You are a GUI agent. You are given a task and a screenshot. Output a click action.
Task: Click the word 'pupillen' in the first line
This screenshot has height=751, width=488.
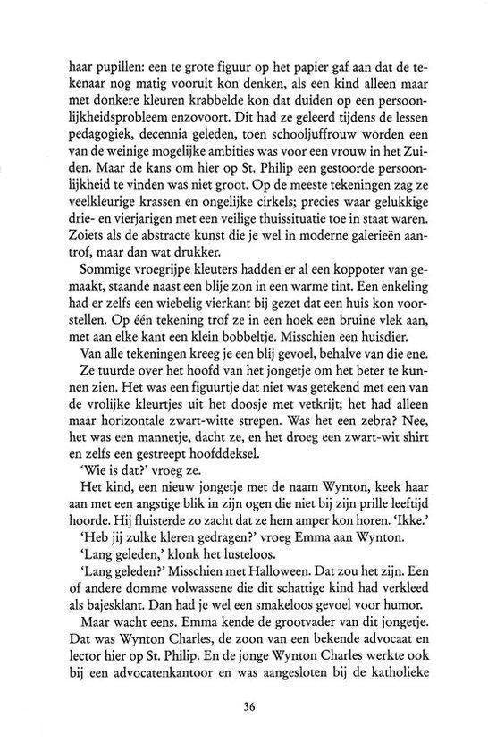[121, 66]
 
